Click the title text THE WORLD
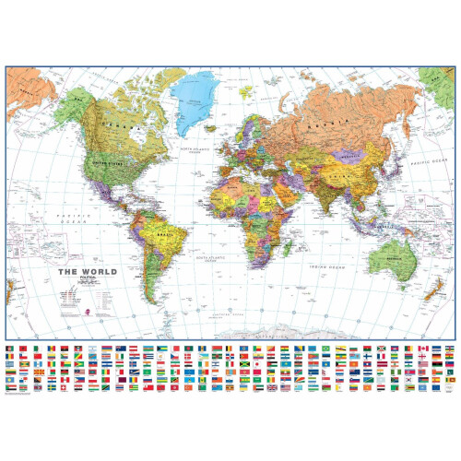tap(80, 271)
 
